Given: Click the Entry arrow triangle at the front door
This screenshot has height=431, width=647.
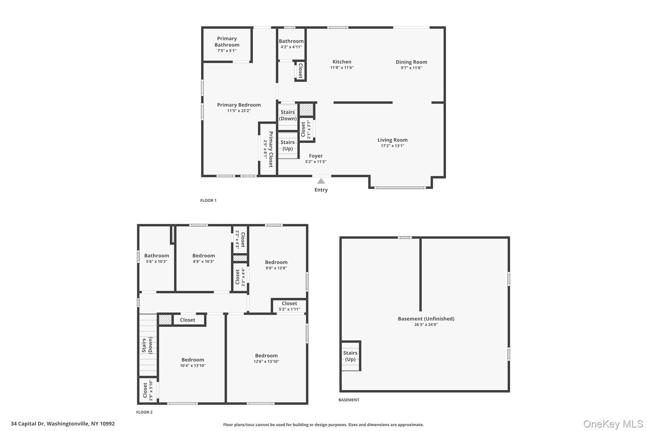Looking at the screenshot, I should (321, 181).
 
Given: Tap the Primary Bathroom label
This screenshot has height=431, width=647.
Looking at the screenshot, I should (227, 42).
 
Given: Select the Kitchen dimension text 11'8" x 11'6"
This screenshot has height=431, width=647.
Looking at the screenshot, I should (342, 68).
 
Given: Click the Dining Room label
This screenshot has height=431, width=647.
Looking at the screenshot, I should (411, 62).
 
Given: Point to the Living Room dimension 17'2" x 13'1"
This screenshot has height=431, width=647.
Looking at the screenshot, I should (392, 146).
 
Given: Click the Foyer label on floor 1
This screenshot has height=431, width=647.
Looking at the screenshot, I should (316, 156).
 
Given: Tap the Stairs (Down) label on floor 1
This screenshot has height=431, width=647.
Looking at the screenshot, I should (287, 115).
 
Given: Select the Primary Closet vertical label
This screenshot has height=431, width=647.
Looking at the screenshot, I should (271, 149).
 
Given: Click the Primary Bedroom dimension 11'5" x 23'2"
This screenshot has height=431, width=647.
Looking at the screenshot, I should (239, 111).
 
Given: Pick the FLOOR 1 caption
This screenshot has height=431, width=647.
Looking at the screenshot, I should (208, 201).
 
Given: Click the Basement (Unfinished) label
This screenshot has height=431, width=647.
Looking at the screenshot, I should (426, 319).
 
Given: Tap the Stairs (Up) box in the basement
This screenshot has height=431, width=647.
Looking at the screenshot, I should (350, 356).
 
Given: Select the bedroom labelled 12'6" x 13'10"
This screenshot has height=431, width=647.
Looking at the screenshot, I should (266, 358).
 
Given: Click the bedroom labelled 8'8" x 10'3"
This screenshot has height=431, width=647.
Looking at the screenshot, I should (203, 258).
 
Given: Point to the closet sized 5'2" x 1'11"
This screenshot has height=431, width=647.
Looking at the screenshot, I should (289, 306).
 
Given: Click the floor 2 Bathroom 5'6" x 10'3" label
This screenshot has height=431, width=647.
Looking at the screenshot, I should (157, 258).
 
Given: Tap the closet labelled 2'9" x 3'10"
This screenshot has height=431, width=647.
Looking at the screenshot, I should (148, 390).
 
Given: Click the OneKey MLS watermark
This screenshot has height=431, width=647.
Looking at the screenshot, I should (613, 424).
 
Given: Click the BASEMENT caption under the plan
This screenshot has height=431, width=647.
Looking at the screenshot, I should (349, 400).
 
